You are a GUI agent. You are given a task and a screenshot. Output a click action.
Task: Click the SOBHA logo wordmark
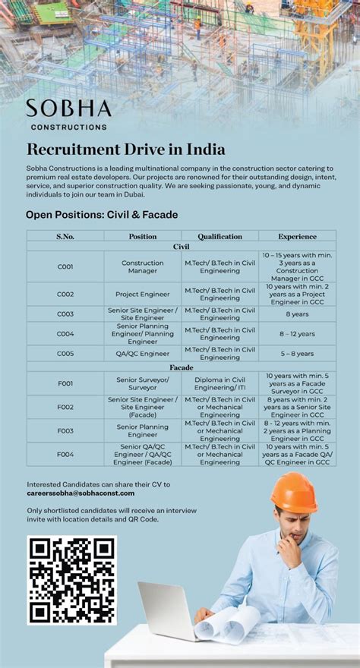coord(68,109)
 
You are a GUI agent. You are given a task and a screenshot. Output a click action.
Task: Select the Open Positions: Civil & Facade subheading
coord(102,215)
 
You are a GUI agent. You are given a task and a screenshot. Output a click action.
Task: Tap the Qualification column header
coord(219,236)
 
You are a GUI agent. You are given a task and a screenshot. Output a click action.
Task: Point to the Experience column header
coord(297,236)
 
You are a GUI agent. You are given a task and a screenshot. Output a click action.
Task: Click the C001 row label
coord(65,266)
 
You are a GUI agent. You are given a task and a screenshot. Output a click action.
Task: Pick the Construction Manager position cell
coord(143,266)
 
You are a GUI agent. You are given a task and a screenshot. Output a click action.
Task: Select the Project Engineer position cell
coord(143,294)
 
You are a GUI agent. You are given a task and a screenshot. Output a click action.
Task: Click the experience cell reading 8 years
coord(297,314)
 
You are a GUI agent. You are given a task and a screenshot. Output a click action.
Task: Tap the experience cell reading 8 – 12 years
coord(297,333)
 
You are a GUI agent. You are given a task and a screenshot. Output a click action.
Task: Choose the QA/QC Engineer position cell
coord(143,353)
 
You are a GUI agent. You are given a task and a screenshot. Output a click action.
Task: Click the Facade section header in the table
coord(181,367)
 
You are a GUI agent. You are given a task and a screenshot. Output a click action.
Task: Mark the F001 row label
coord(65,383)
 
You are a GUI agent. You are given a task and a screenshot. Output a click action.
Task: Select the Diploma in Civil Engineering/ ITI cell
coord(219,383)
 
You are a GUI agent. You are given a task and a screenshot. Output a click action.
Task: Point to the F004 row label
coord(65,454)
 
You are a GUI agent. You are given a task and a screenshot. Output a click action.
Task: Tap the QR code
coord(71,580)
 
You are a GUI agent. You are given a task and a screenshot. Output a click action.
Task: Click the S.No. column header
coord(65,236)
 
